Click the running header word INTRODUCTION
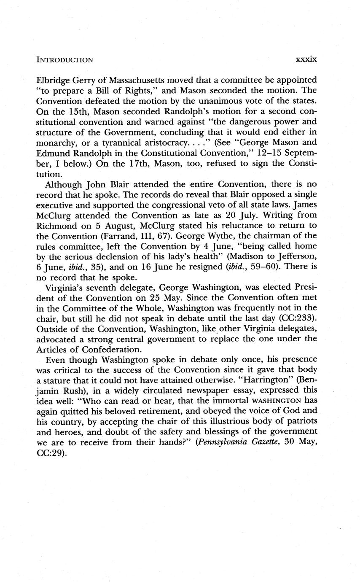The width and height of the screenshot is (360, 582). click(64, 60)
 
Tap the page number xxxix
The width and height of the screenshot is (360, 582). click(306, 59)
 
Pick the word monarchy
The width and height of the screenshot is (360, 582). click(54, 143)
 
